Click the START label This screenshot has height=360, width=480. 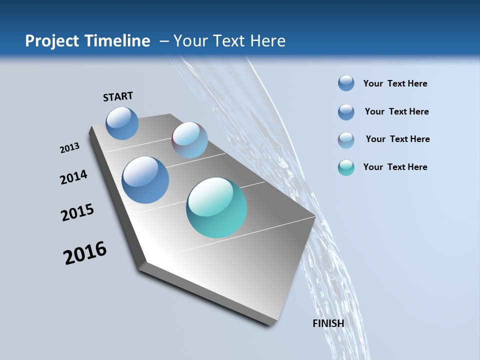pos(118,96)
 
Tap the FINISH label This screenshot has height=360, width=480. pos(328,323)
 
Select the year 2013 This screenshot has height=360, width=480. pos(69,148)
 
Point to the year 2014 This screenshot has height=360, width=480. pos(73,177)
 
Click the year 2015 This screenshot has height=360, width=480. pos(77,212)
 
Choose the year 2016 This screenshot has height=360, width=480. pos(85,253)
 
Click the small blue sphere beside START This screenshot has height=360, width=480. pos(122,123)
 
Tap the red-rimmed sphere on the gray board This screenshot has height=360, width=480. pos(189,140)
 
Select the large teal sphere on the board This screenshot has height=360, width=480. pos(216,207)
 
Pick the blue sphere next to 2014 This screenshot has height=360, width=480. pos(145,180)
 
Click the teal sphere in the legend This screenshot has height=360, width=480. pos(346,167)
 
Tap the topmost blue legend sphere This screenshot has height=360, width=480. pos(346,83)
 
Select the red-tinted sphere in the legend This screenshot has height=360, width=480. pos(346,140)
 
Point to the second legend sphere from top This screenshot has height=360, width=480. pos(346,112)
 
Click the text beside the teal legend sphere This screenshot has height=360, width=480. pos(395,167)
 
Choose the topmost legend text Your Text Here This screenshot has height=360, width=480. pos(395,83)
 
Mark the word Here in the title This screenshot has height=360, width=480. pos(267,41)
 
